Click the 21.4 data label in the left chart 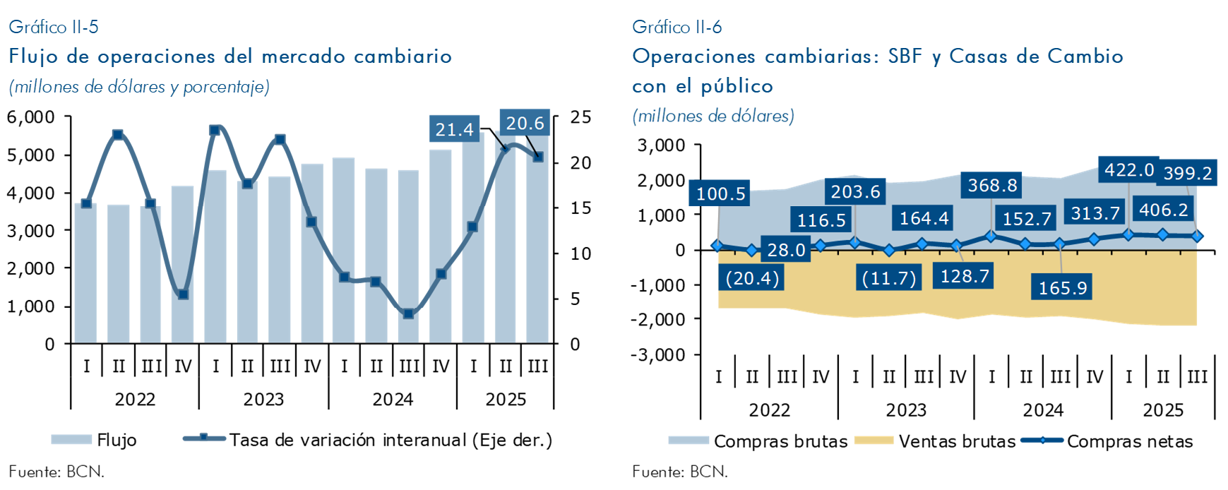454,129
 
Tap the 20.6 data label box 525,123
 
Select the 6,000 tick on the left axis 31,117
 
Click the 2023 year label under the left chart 263,400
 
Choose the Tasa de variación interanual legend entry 367,440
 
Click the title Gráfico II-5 54,27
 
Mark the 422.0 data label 1129,170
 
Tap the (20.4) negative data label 752,278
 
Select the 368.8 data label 992,185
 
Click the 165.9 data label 1062,287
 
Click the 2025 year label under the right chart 1163,410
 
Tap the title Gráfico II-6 676,27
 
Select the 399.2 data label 1188,173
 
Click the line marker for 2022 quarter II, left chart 118,134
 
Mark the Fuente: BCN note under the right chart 679,472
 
